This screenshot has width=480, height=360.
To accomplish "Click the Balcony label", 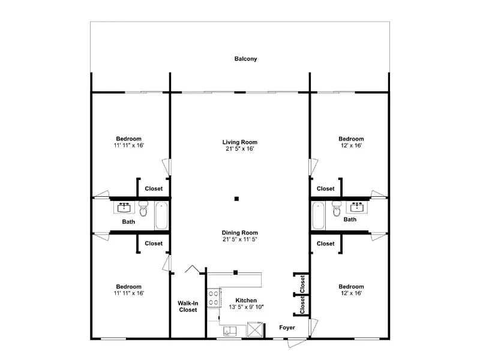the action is [245, 59].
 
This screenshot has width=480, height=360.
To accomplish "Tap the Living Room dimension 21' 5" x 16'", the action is [239, 149].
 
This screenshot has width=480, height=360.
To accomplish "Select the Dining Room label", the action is [239, 233].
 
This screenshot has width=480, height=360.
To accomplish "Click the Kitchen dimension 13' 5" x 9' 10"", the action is [246, 307].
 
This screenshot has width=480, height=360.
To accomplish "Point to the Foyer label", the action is [287, 328].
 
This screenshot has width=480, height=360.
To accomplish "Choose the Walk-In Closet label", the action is [188, 307].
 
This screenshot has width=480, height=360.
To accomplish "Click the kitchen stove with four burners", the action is [214, 298].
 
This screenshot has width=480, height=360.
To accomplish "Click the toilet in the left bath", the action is [143, 208].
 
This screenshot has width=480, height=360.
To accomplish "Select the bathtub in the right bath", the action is [318, 215].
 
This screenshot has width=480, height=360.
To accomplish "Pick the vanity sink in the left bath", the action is [124, 207].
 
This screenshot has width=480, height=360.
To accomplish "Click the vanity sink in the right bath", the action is [357, 207].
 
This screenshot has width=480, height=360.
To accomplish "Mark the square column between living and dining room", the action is [236, 199].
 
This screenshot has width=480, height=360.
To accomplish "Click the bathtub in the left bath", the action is [161, 215].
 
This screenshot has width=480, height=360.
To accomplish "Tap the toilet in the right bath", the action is [337, 208].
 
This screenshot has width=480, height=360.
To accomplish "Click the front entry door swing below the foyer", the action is [296, 342].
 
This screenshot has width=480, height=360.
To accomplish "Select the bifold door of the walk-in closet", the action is [192, 269].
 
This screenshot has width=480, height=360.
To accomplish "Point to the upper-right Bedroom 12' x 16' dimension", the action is [351, 146].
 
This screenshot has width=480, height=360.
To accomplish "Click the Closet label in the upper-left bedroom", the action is [154, 188].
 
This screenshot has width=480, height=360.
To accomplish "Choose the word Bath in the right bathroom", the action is [350, 220].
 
